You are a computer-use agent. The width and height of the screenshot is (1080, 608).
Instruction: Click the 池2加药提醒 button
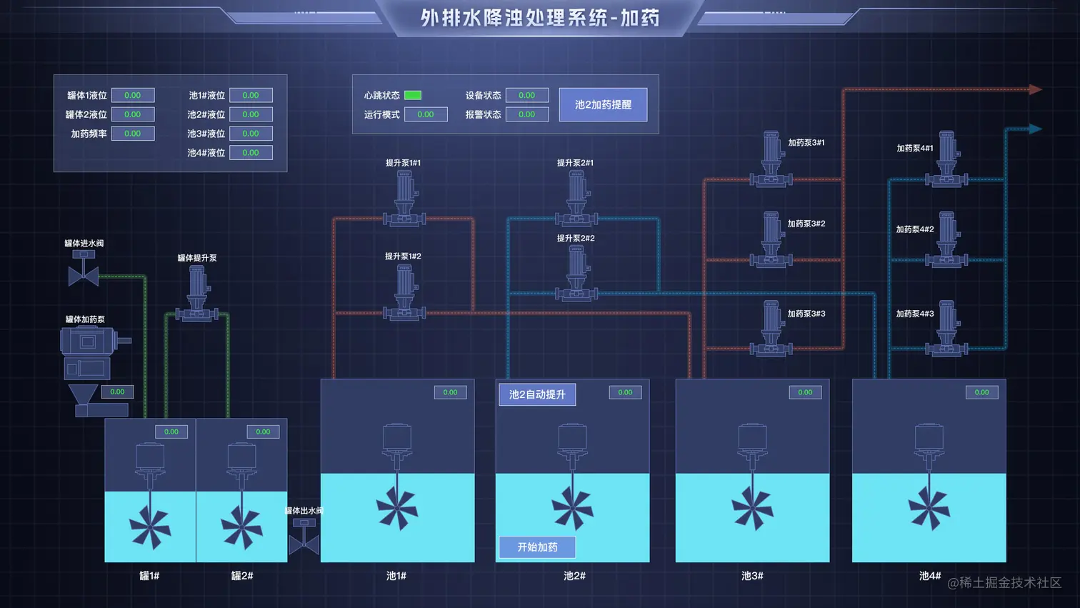603,104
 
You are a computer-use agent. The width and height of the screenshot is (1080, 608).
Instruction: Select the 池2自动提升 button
537,394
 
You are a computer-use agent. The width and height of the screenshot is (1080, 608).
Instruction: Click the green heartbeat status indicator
413,95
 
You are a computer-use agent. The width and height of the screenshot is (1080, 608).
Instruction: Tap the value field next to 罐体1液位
133,95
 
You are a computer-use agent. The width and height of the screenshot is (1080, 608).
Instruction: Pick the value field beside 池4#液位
251,153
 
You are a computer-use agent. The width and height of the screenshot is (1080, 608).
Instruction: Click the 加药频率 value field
133,134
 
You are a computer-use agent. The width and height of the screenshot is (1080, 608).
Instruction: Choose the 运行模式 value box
426,114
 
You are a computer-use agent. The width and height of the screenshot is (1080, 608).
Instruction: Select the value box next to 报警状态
527,114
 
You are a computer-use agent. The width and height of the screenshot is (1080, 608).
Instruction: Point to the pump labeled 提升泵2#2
576,273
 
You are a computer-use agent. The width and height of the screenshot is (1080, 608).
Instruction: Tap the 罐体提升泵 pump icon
197,294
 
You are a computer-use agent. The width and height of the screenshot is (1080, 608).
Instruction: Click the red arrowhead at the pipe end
1035,89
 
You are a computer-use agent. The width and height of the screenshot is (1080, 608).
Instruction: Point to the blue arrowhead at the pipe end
1035,129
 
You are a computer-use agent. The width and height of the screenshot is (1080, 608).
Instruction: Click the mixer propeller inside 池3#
752,509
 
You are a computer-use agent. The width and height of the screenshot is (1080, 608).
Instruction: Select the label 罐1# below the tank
149,576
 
